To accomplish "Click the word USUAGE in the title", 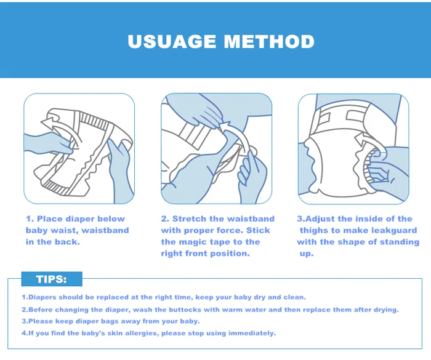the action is click(x=172, y=41).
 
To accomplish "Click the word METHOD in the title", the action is click(x=269, y=41).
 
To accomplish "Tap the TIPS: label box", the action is click(x=52, y=279).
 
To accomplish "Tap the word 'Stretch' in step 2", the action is click(x=189, y=219).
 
